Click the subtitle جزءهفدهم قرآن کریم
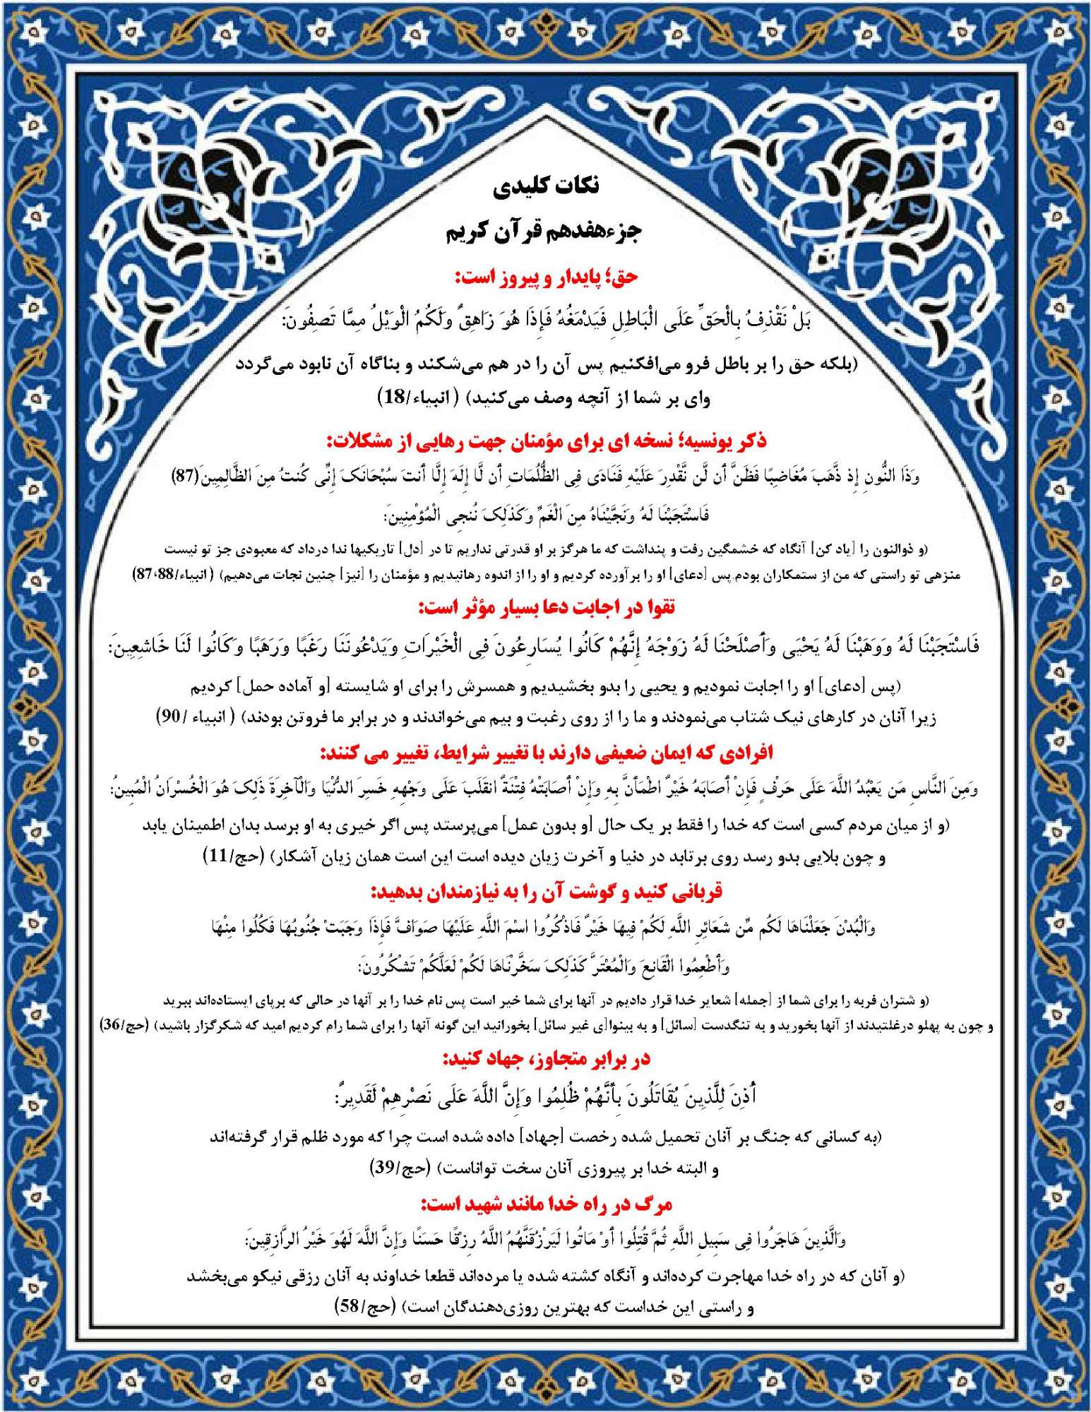[544, 232]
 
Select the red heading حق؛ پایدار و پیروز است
[546, 277]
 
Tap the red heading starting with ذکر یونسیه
[546, 441]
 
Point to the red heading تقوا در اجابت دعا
[546, 606]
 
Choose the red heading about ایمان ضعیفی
[546, 753]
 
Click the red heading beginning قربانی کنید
[546, 892]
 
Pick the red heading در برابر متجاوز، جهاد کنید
[546, 1059]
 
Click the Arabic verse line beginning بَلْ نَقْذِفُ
[546, 321]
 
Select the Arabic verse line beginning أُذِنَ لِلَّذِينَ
[546, 1096]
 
